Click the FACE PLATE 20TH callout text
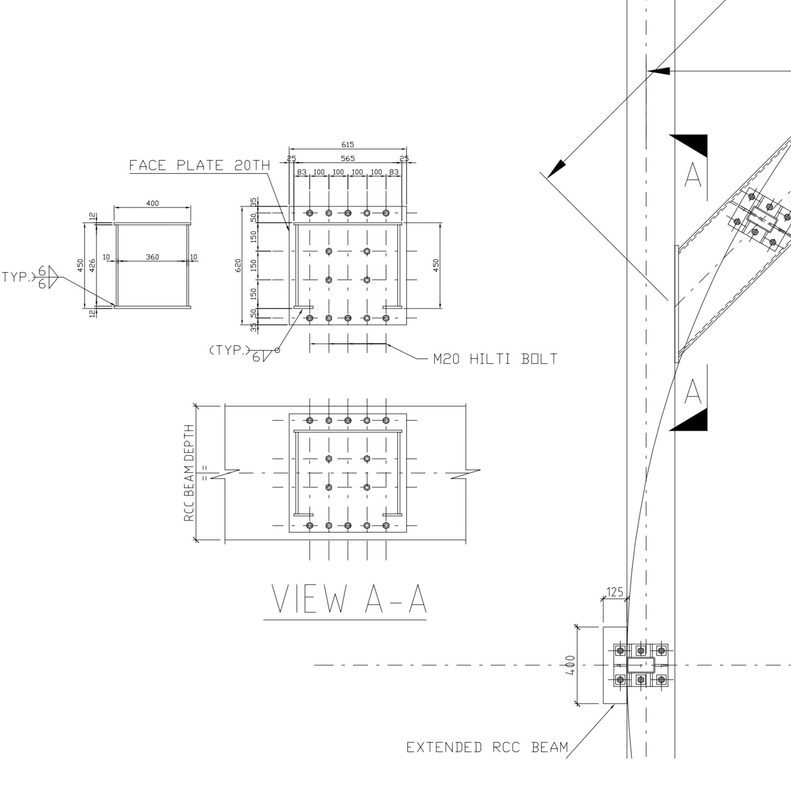pyautogui.click(x=199, y=165)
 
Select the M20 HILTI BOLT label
pyautogui.click(x=495, y=359)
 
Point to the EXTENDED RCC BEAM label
pyautogui.click(x=487, y=747)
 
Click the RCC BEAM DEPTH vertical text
pyautogui.click(x=189, y=473)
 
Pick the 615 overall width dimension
pyautogui.click(x=347, y=145)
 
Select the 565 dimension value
pyautogui.click(x=347, y=158)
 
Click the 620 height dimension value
pyautogui.click(x=238, y=265)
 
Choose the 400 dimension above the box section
pyautogui.click(x=152, y=204)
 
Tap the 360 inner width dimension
pyautogui.click(x=152, y=257)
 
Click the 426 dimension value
pyautogui.click(x=93, y=265)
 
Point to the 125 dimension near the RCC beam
pyautogui.click(x=614, y=592)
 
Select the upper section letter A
pyautogui.click(x=693, y=175)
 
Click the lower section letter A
pyautogui.click(x=693, y=392)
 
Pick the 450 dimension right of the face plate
pyautogui.click(x=436, y=265)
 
